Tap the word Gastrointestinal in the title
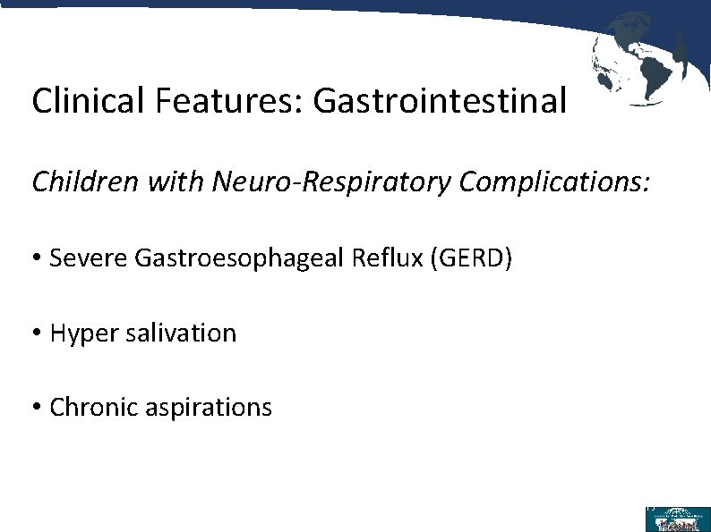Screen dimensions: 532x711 pyautogui.click(x=440, y=101)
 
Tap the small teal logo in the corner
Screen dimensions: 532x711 pyautogui.click(x=677, y=519)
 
